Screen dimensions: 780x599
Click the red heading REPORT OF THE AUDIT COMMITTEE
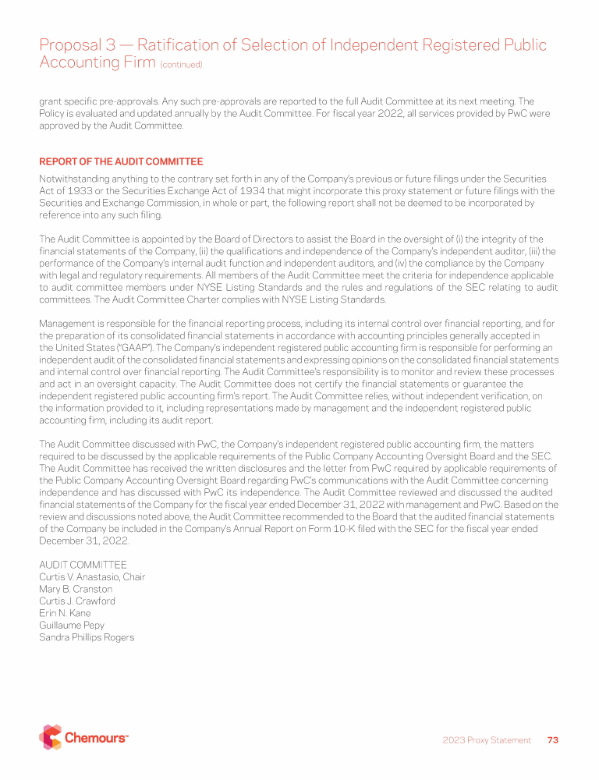pos(121,161)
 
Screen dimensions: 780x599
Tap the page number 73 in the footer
pos(553,739)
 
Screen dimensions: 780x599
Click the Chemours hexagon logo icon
pos(50,737)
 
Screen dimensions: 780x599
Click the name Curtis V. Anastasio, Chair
pos(92,577)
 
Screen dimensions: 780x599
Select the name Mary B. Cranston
pos(76,589)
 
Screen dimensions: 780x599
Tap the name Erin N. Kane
pos(65,613)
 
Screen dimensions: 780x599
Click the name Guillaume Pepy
pos(72,625)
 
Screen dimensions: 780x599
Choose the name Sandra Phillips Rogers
pos(87,637)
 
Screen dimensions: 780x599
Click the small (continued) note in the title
pos(181,65)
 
